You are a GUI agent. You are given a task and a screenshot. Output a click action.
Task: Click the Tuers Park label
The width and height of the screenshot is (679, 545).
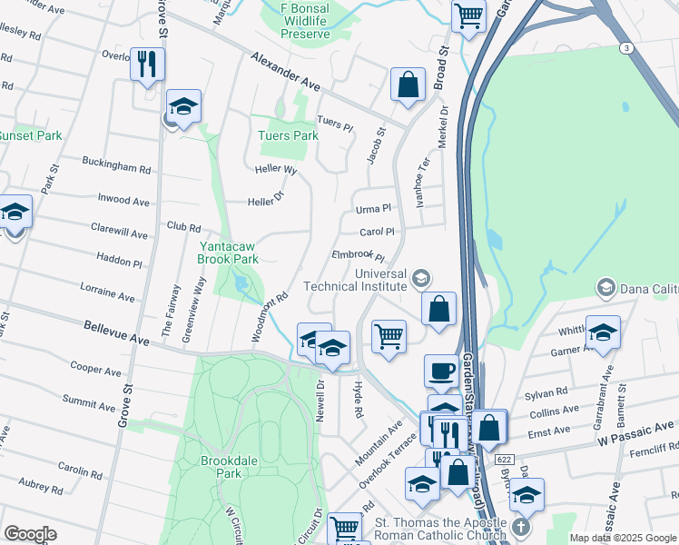pyautogui.click(x=288, y=135)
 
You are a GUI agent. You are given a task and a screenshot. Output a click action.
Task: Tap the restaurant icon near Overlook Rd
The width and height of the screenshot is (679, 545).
pyautogui.click(x=146, y=64)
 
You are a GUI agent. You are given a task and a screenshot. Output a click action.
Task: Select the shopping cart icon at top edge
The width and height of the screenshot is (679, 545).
pyautogui.click(x=468, y=14)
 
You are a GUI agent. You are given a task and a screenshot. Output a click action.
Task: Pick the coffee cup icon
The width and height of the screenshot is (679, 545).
pyautogui.click(x=442, y=371)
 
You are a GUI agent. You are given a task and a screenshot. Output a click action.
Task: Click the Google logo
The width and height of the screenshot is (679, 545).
pyautogui.click(x=30, y=533)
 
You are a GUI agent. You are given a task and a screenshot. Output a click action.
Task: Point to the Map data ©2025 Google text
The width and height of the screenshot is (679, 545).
pyautogui.click(x=622, y=538)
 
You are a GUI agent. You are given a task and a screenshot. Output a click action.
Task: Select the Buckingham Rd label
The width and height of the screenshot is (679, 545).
pyautogui.click(x=115, y=168)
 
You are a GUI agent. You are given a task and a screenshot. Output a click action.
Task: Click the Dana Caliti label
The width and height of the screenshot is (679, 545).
pyautogui.click(x=649, y=289)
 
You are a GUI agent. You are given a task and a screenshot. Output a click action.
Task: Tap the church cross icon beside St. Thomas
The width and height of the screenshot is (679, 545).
pyautogui.click(x=519, y=528)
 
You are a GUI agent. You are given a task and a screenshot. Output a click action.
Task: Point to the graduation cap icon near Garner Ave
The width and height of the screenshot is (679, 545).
pyautogui.click(x=603, y=332)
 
